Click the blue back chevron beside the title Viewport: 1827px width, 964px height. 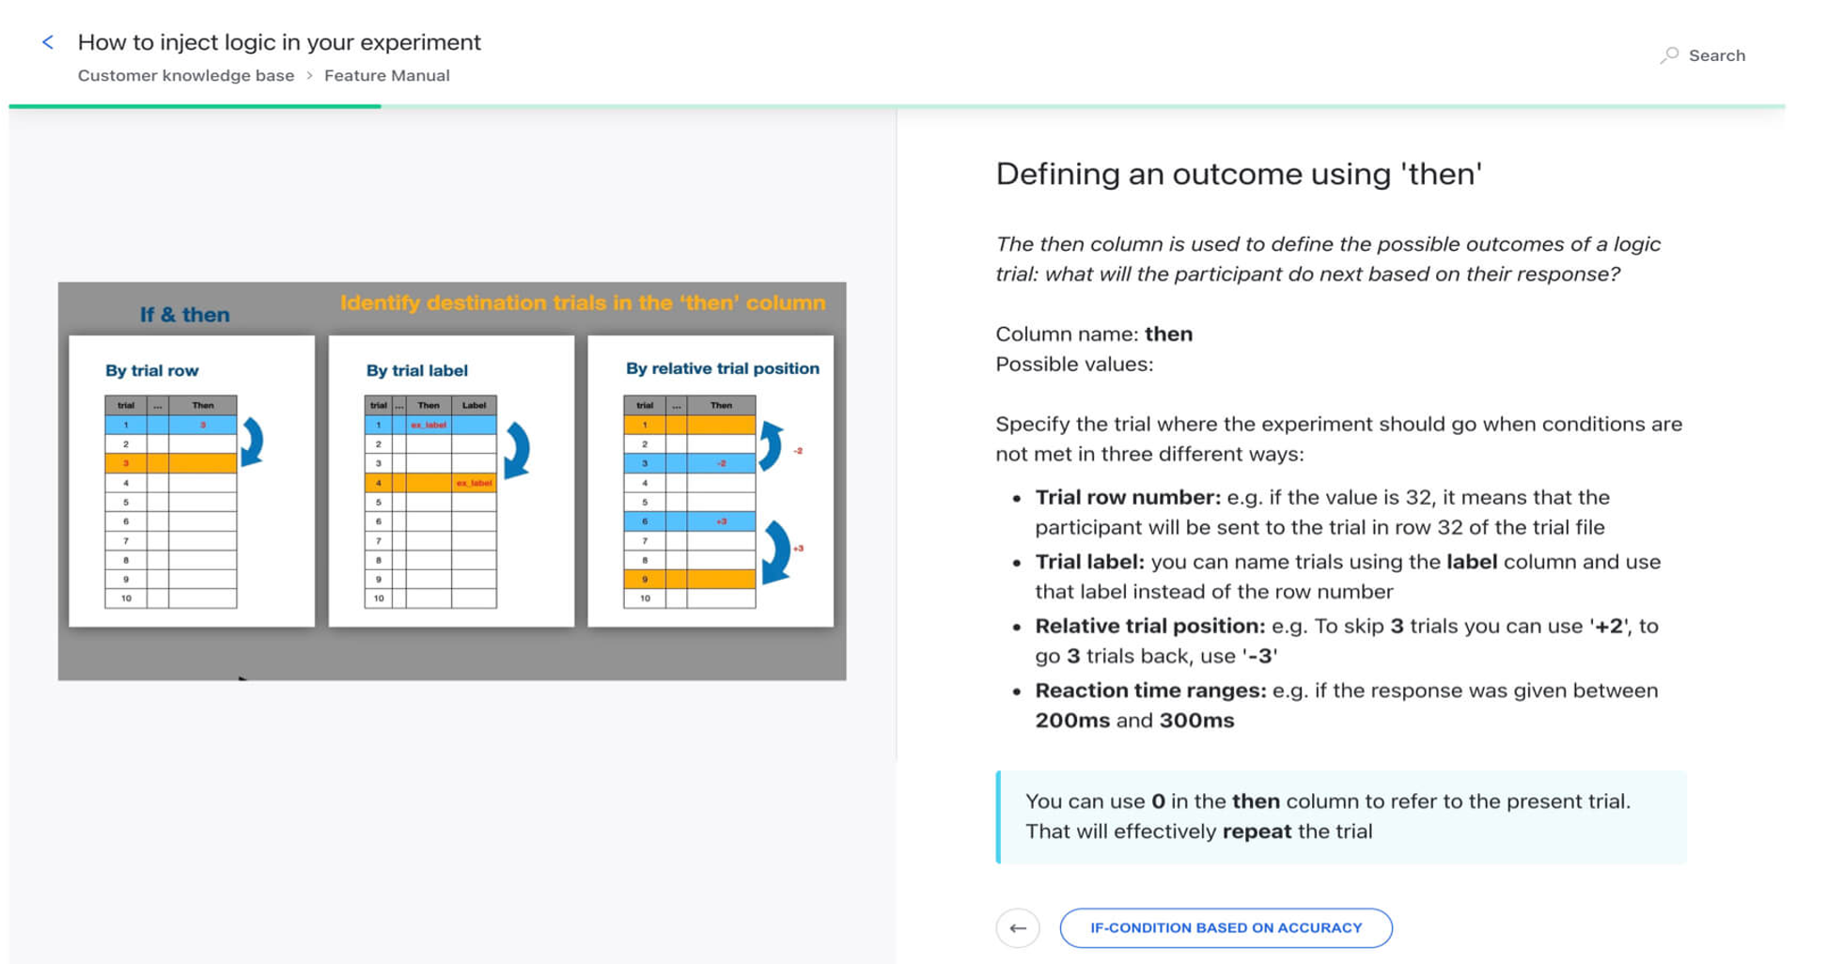(x=48, y=42)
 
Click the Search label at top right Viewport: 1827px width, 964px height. (x=1715, y=55)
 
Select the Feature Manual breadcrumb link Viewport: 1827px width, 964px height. (x=386, y=76)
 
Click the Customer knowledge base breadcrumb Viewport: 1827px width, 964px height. (x=185, y=76)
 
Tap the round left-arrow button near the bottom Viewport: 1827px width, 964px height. (x=1017, y=928)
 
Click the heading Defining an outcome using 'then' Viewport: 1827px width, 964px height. (x=1238, y=174)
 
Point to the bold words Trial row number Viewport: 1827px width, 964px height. (x=1127, y=497)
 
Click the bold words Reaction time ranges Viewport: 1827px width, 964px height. (x=1150, y=691)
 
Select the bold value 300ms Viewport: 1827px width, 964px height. (x=1196, y=721)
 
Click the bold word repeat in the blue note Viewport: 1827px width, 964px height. (x=1256, y=832)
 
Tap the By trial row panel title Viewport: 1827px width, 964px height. (x=151, y=371)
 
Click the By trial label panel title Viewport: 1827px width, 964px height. (x=416, y=371)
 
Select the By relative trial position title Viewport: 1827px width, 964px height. (x=722, y=368)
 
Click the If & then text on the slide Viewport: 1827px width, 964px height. (x=184, y=315)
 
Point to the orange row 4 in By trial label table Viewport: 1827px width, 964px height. (x=429, y=483)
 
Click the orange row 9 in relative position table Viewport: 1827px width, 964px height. (x=689, y=579)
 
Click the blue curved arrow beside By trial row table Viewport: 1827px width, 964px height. (x=252, y=443)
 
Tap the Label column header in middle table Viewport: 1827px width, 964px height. (x=474, y=405)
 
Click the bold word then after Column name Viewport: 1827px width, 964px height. (x=1168, y=334)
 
